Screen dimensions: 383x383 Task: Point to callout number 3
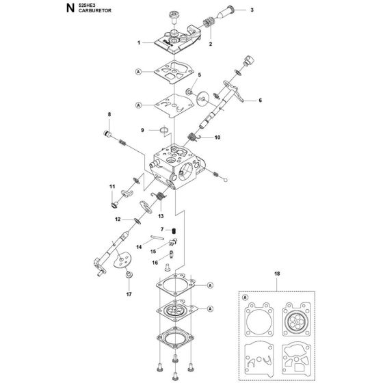pos(252,10)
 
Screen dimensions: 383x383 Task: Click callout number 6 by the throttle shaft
pos(260,101)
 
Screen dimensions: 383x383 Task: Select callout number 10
pos(218,137)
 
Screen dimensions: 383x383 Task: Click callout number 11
pos(111,186)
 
